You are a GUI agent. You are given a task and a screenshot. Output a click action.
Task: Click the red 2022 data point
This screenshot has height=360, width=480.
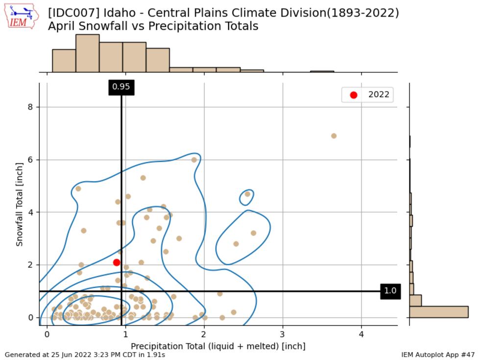(x=117, y=263)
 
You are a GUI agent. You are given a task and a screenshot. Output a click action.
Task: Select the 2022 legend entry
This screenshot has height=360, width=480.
(x=367, y=95)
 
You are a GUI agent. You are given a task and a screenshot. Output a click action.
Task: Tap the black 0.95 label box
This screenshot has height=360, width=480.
(x=121, y=87)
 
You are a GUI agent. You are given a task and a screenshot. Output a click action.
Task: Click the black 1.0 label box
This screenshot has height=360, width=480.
(x=390, y=291)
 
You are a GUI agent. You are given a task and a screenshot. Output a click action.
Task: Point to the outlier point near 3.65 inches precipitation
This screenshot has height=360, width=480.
(x=334, y=136)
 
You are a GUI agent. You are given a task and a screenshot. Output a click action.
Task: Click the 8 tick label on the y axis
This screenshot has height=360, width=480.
(x=30, y=107)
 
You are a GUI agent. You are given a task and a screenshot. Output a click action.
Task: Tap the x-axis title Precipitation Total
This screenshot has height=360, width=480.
(x=218, y=346)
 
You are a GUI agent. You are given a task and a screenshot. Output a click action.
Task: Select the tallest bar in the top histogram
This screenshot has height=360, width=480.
(x=87, y=53)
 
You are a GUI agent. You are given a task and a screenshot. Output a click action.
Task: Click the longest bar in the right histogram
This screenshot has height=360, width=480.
(x=439, y=312)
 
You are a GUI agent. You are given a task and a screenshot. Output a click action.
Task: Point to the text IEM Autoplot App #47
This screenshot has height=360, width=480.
(x=438, y=355)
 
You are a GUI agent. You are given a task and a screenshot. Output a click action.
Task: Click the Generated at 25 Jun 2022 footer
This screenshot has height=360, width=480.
(x=85, y=355)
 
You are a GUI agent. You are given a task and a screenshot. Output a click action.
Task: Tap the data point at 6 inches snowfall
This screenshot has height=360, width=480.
(x=194, y=160)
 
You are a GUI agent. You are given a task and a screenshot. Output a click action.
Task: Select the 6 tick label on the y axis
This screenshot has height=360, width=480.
(x=30, y=160)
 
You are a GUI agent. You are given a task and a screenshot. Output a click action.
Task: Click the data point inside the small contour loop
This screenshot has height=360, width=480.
(x=247, y=194)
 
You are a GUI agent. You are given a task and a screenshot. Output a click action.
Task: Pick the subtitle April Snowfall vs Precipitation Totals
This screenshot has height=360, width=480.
(x=153, y=26)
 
